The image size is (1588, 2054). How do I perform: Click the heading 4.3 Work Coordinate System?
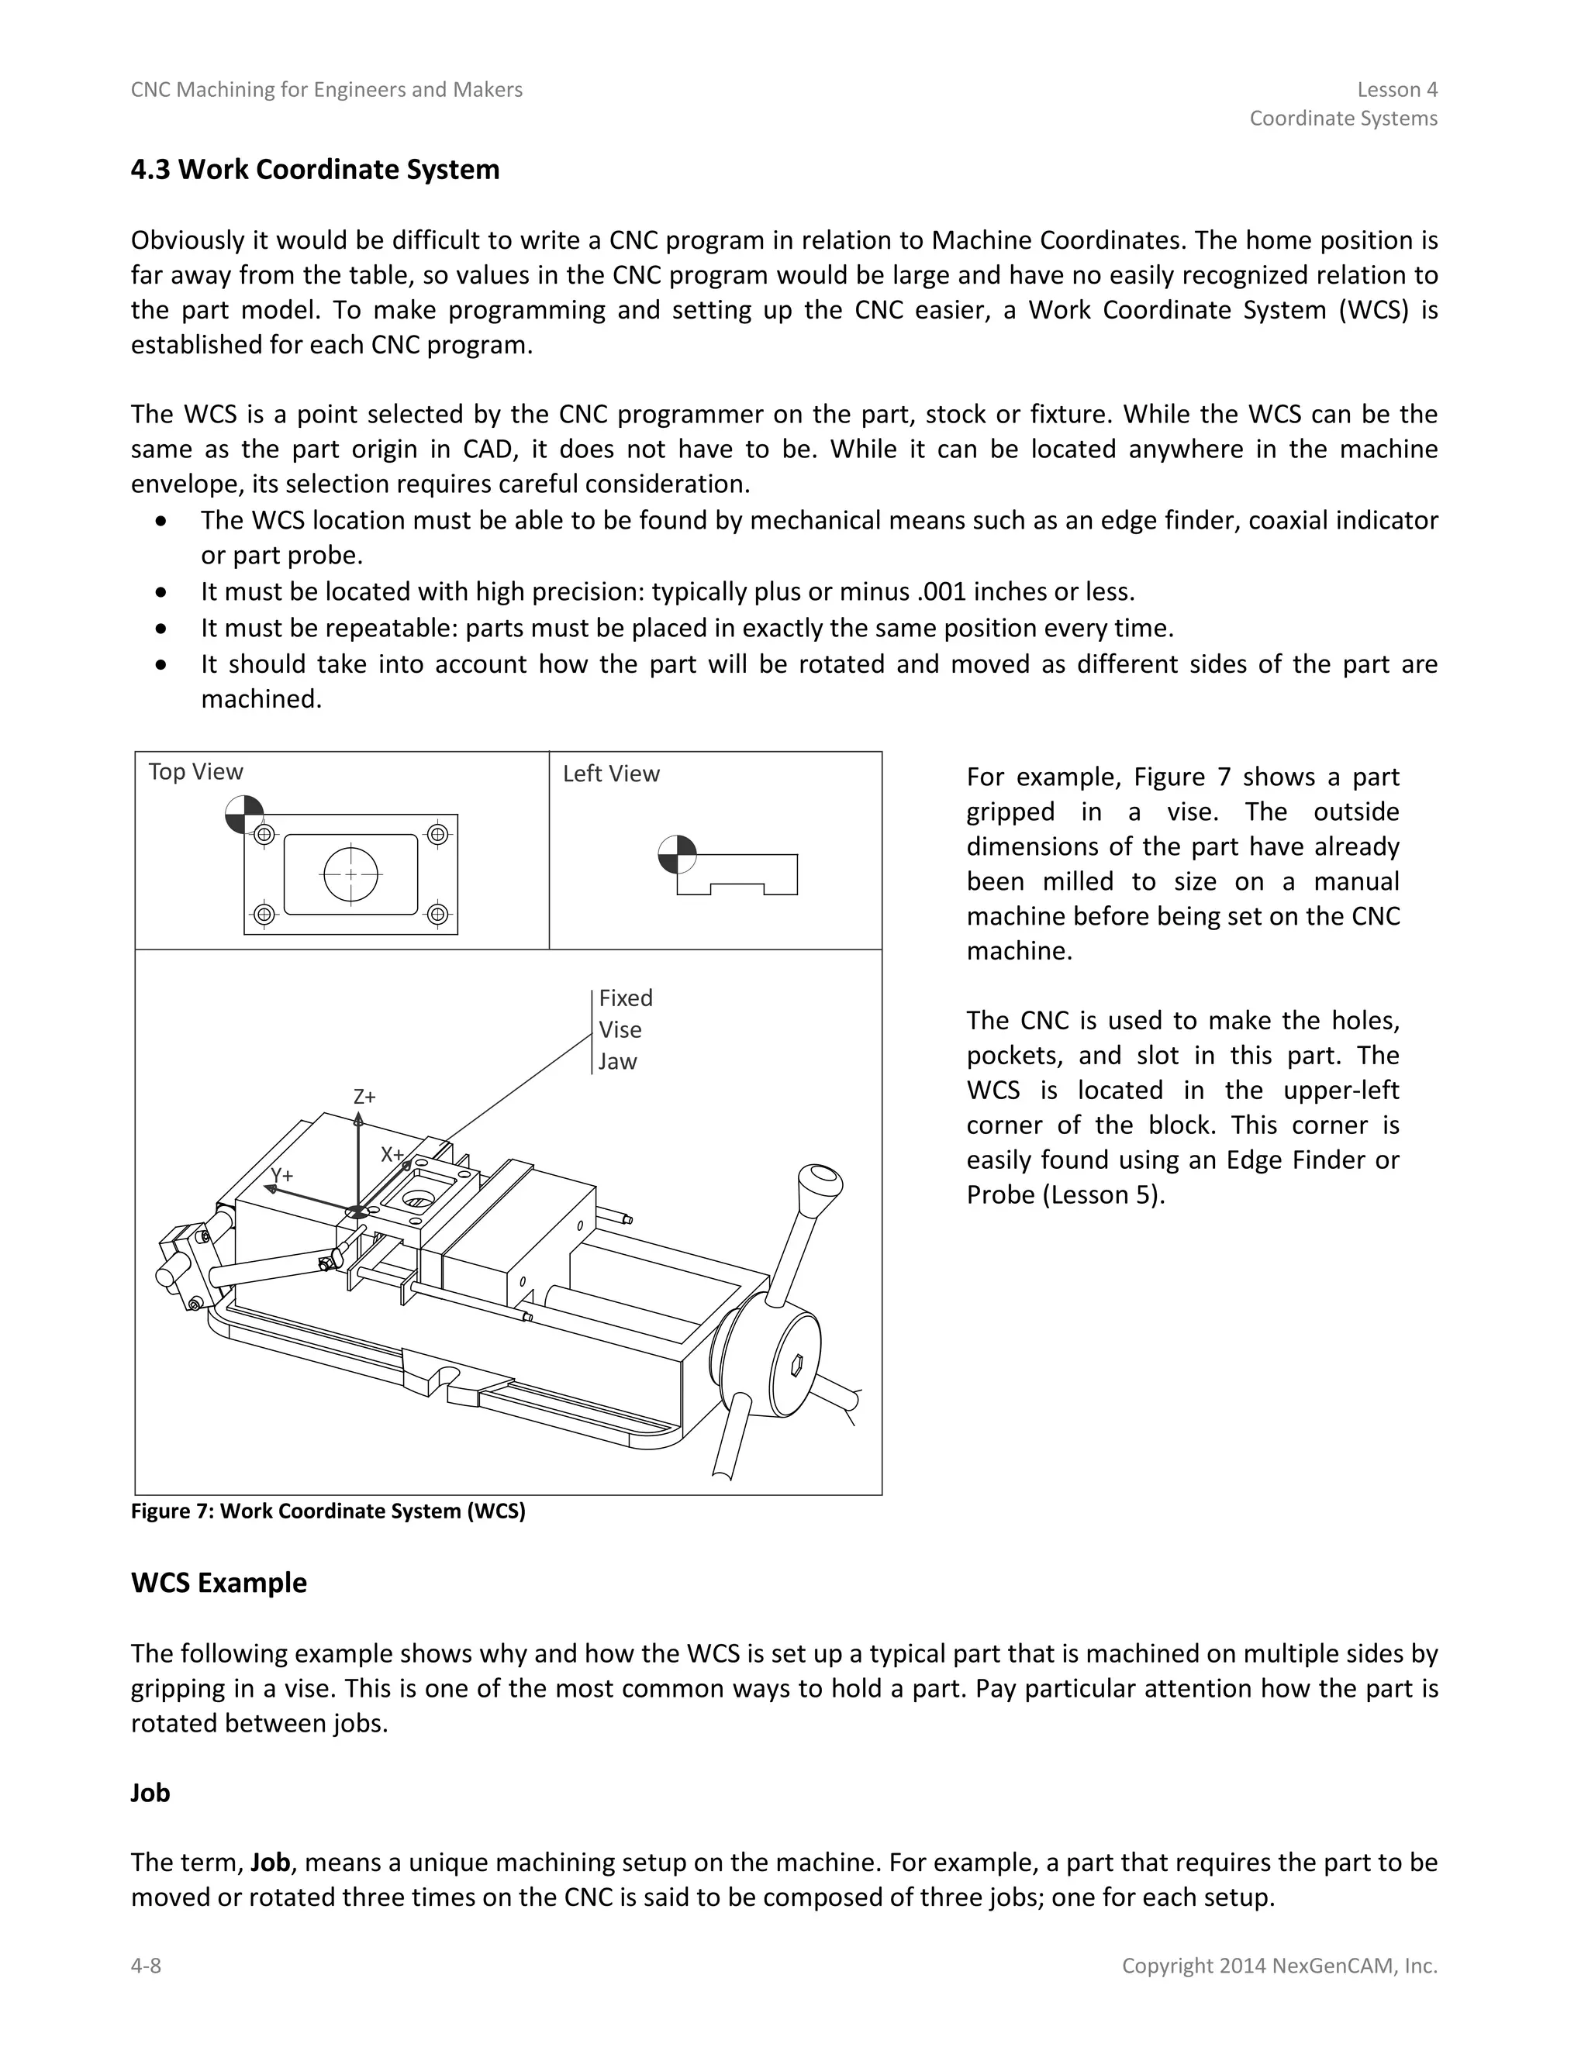tap(315, 171)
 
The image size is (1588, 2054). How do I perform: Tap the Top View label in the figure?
tap(195, 772)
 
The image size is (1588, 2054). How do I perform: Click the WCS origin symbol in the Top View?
tap(244, 815)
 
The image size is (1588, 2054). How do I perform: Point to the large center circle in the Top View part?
tap(351, 874)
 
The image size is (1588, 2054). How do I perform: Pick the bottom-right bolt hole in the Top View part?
tap(437, 914)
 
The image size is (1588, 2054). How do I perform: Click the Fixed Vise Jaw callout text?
tap(625, 1030)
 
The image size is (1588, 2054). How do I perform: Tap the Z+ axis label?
tap(364, 1097)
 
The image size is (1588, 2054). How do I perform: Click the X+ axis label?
tap(392, 1155)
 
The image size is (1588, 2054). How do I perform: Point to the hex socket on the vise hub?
tap(796, 1363)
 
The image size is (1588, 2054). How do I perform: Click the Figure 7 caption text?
tap(327, 1511)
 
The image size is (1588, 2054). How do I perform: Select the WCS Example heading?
tap(218, 1583)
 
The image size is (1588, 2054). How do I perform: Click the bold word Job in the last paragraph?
tap(269, 1862)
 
